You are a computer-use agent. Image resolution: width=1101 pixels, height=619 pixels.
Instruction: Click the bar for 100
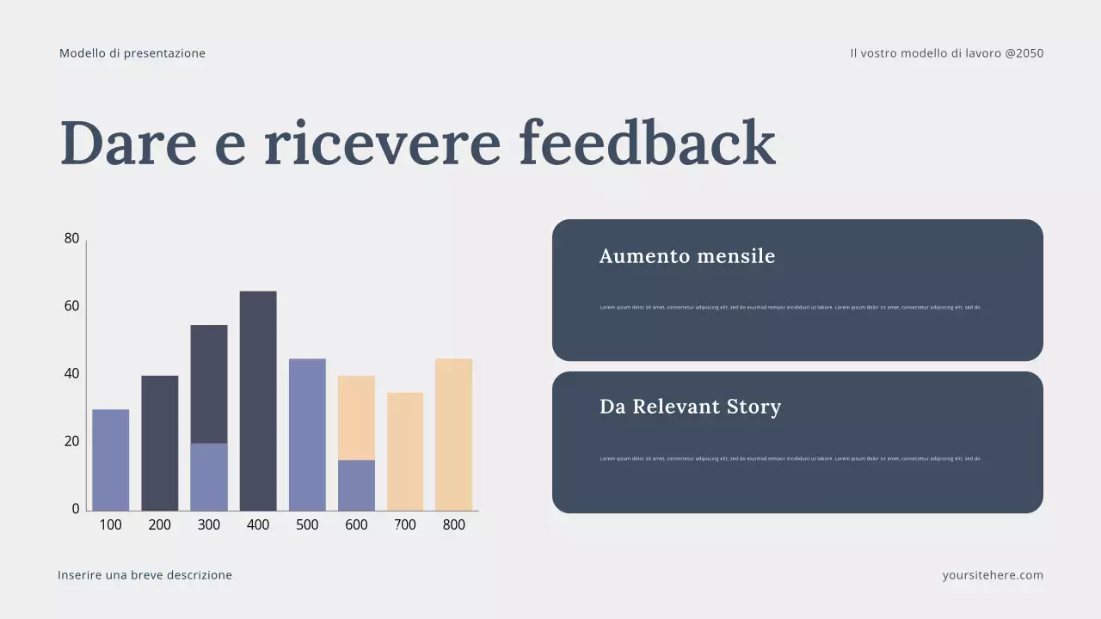click(x=111, y=460)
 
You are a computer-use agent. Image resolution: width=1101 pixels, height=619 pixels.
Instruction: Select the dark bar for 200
click(x=160, y=443)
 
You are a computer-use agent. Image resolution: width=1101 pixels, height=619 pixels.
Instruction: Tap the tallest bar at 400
click(x=258, y=401)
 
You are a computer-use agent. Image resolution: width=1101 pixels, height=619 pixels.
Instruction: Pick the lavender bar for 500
click(x=307, y=434)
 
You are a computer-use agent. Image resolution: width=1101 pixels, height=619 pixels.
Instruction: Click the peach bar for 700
click(x=405, y=451)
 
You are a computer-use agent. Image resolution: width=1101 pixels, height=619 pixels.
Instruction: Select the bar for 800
click(x=453, y=434)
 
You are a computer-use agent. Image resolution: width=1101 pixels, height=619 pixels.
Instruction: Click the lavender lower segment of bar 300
click(x=209, y=477)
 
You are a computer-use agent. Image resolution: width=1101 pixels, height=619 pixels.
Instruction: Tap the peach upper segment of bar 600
click(x=356, y=418)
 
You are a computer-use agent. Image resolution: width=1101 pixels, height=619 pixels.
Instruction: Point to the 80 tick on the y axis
click(x=71, y=239)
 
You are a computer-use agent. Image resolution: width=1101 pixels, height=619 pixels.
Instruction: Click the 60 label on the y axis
click(x=71, y=306)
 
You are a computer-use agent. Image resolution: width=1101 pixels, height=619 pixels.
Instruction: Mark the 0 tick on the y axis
click(x=76, y=509)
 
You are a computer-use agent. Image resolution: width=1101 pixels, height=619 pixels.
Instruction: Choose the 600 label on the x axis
click(x=356, y=525)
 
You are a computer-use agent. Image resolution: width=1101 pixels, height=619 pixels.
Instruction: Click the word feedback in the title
click(x=647, y=143)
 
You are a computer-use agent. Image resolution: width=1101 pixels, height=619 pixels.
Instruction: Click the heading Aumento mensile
click(x=687, y=256)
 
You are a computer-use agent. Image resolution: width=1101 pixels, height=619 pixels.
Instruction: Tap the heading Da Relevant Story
click(x=690, y=407)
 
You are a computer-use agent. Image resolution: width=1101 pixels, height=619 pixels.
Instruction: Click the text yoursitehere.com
click(x=993, y=575)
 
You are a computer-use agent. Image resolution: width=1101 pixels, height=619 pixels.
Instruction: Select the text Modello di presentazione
click(x=132, y=53)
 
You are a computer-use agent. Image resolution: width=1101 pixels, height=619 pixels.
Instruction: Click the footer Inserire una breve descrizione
click(x=145, y=575)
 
